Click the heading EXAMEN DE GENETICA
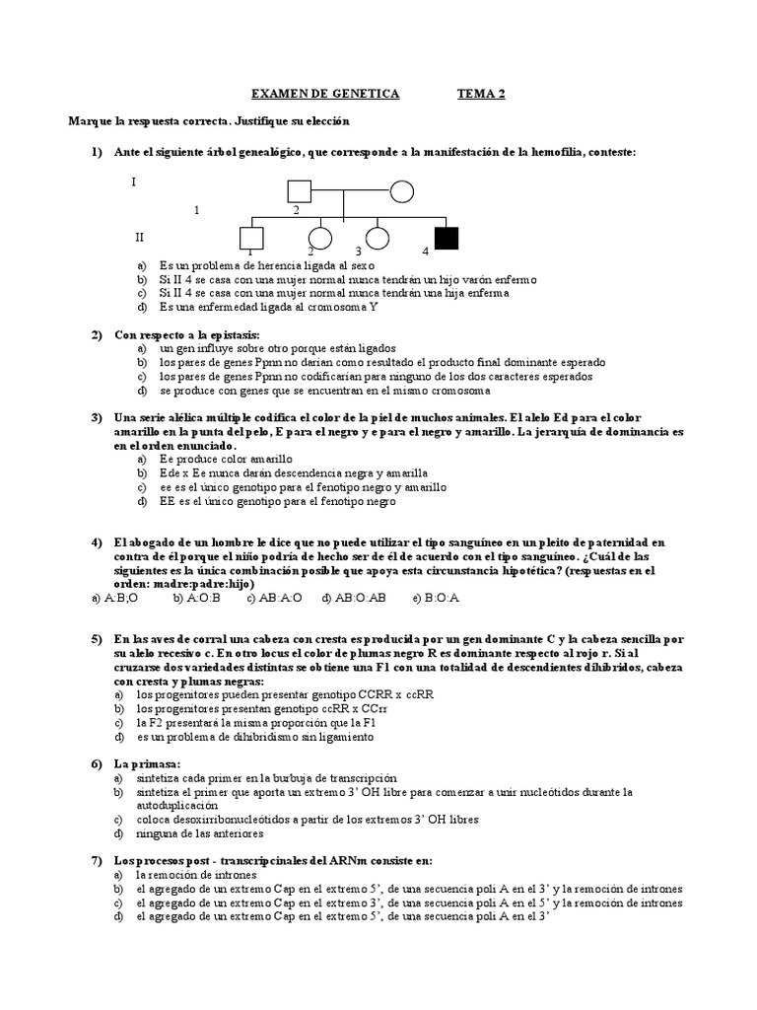pyautogui.click(x=325, y=94)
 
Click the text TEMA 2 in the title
pyautogui.click(x=480, y=94)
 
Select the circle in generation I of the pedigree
pyautogui.click(x=401, y=190)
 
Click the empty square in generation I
pyautogui.click(x=299, y=190)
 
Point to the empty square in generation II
pyautogui.click(x=251, y=237)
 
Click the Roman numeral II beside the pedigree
pyautogui.click(x=139, y=238)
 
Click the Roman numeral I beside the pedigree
pyautogui.click(x=134, y=182)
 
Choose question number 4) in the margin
pyautogui.click(x=97, y=542)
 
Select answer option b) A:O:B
pyautogui.click(x=196, y=598)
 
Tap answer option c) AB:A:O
pyautogui.click(x=276, y=598)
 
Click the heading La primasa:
pyautogui.click(x=137, y=763)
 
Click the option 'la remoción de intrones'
pyautogui.click(x=196, y=875)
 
